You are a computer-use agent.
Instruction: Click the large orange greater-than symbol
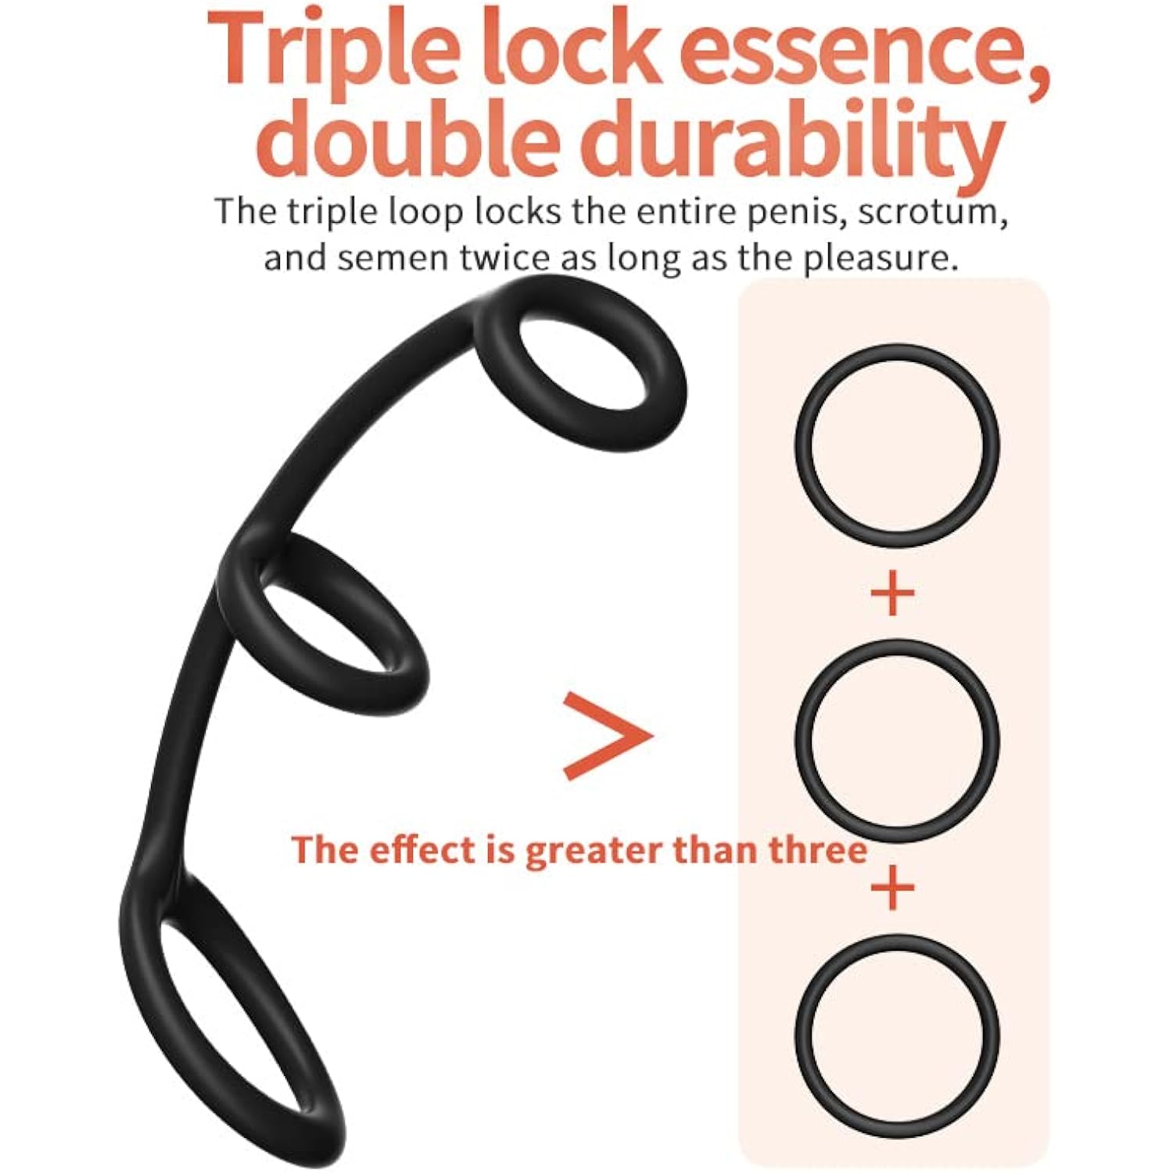click(x=608, y=736)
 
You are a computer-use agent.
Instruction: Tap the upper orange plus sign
click(x=892, y=593)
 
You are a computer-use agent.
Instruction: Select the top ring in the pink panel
click(x=798, y=446)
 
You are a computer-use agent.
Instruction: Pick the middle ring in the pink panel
click(x=798, y=741)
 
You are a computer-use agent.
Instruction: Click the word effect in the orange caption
click(x=422, y=850)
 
